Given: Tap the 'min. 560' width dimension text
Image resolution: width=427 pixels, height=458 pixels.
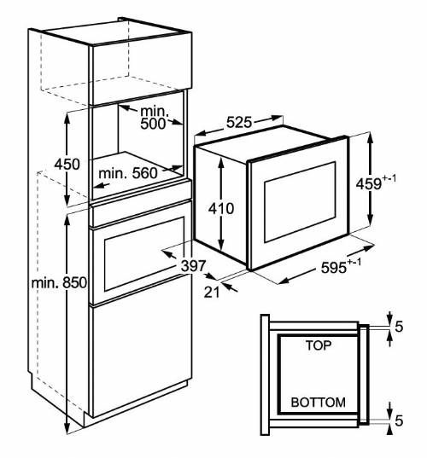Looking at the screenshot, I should [128, 174].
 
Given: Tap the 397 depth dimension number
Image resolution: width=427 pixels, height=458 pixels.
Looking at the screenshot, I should [192, 266].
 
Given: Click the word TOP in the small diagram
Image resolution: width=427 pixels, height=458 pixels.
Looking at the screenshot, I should [318, 346].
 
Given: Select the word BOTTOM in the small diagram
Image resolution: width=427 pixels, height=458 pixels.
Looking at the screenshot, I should [318, 402].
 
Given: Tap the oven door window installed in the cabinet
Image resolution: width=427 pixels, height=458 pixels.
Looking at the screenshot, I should [143, 252].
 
